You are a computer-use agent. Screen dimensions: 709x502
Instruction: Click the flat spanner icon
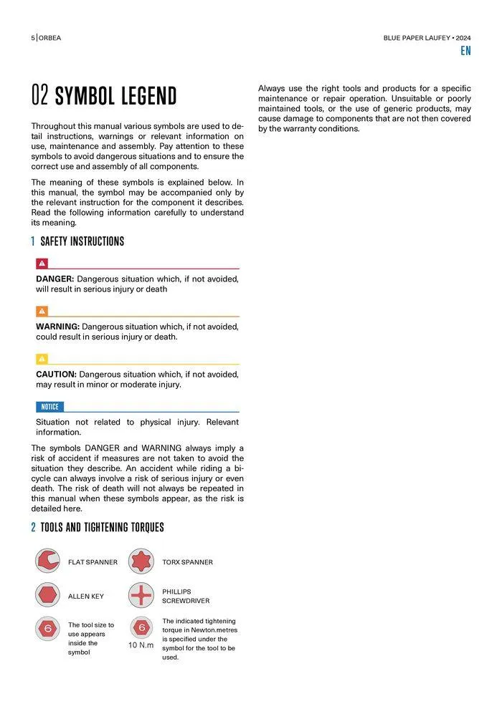tap(47, 561)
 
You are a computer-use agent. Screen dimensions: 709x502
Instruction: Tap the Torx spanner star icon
tap(141, 561)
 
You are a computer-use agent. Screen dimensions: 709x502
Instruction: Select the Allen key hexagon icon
tap(47, 595)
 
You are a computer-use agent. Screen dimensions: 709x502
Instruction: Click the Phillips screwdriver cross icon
tap(141, 595)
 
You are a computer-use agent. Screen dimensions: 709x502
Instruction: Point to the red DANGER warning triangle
tap(42, 263)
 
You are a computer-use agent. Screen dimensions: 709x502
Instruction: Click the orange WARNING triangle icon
tap(42, 311)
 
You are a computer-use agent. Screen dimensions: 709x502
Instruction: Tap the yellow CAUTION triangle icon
tap(42, 359)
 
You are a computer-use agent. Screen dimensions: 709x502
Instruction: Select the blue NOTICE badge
tap(49, 407)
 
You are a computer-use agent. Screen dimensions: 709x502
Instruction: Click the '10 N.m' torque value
tap(141, 645)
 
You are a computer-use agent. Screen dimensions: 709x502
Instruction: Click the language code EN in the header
tap(465, 51)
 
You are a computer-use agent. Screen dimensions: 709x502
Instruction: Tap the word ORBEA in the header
tap(50, 38)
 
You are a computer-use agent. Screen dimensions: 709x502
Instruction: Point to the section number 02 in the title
tap(40, 95)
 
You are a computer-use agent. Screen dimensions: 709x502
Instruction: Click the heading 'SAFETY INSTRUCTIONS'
tap(82, 241)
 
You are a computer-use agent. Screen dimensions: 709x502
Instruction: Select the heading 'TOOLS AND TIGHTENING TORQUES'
tap(102, 528)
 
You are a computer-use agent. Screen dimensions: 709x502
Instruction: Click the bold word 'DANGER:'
tap(55, 279)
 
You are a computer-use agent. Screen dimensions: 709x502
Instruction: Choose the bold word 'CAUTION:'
tap(56, 374)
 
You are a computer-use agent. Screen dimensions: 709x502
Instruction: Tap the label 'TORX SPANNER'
tap(187, 562)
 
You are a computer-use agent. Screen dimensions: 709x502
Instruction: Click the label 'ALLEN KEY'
tap(86, 596)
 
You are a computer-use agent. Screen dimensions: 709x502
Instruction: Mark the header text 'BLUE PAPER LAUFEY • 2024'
tap(427, 38)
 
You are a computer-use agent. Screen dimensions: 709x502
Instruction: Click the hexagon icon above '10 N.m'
tap(141, 627)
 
